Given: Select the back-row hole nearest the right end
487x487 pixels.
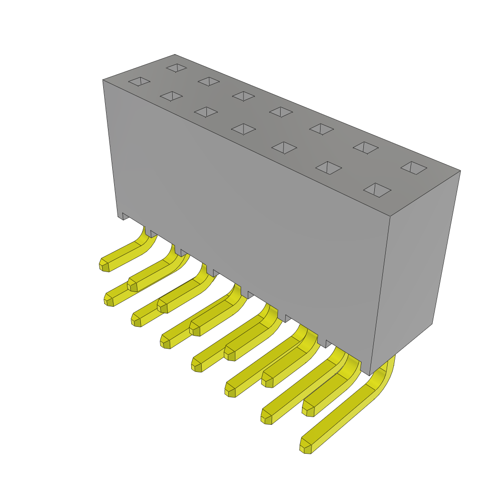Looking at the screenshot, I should (x=414, y=167).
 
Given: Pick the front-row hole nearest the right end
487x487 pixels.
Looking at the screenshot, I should (x=377, y=190).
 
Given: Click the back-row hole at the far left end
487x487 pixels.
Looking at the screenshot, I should (x=176, y=68).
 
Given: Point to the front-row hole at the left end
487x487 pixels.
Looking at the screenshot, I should (x=139, y=81).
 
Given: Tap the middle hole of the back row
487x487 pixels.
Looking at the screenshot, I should (x=281, y=112).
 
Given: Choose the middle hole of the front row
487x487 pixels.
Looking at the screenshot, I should (x=243, y=129).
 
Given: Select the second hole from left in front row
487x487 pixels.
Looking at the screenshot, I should (x=171, y=96).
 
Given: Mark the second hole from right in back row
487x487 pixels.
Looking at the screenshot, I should (x=366, y=147).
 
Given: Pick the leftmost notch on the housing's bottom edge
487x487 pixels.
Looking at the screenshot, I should (x=125, y=216).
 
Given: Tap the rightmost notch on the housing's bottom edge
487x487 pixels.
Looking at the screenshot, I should (x=329, y=343).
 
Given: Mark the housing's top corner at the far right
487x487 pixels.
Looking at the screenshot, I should (x=460, y=171).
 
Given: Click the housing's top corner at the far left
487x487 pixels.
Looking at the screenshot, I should (x=103, y=80).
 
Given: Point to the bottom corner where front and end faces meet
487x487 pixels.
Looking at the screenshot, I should (x=370, y=375).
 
